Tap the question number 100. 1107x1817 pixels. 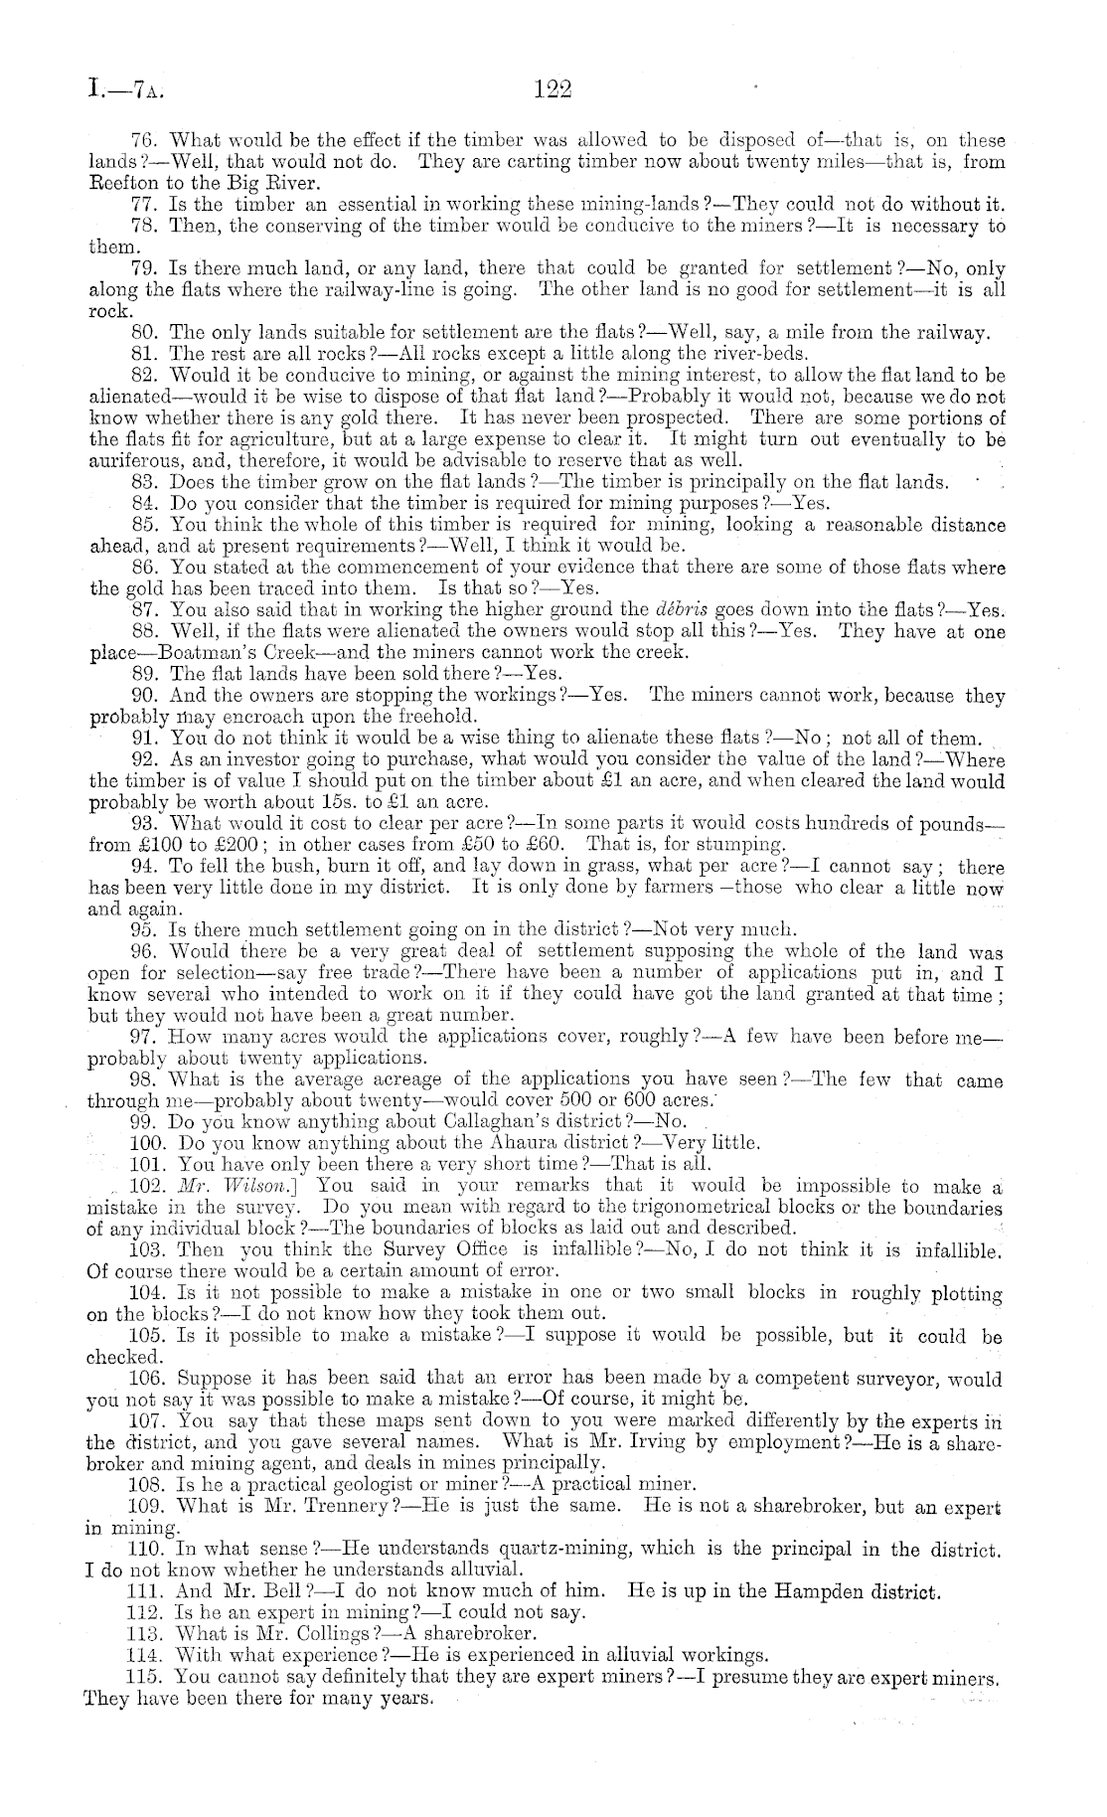(x=147, y=1143)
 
